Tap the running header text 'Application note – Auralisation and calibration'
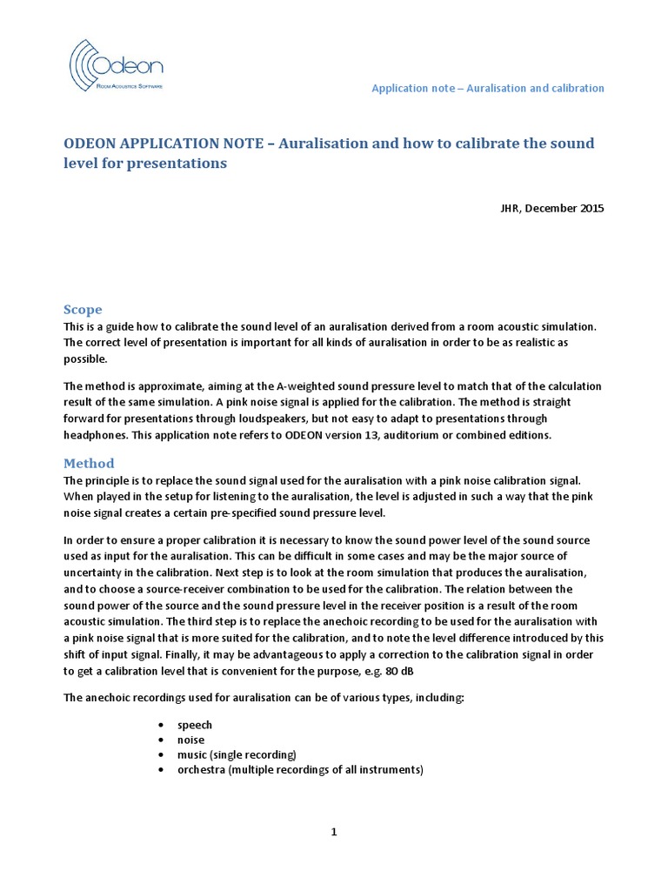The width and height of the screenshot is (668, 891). [487, 89]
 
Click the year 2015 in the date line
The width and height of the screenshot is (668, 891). [591, 208]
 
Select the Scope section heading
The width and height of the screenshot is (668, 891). [83, 309]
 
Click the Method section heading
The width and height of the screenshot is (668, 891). [89, 463]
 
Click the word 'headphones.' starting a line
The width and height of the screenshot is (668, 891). [94, 435]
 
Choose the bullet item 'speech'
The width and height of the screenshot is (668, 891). [195, 725]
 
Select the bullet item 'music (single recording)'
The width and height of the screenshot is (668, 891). [237, 754]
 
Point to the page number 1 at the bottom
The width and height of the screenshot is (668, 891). [333, 832]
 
